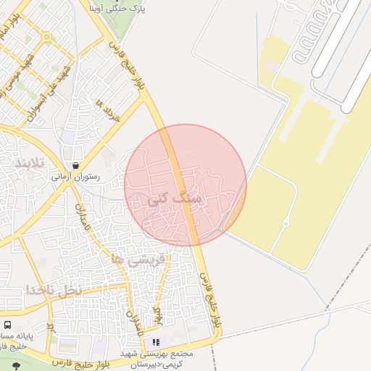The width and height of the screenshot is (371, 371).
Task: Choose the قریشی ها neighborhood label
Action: [138, 259]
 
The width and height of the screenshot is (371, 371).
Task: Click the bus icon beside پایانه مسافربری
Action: [7, 325]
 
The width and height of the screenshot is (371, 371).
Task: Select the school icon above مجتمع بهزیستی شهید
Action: [155, 342]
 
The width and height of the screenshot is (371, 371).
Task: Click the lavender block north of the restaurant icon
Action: [69, 136]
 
